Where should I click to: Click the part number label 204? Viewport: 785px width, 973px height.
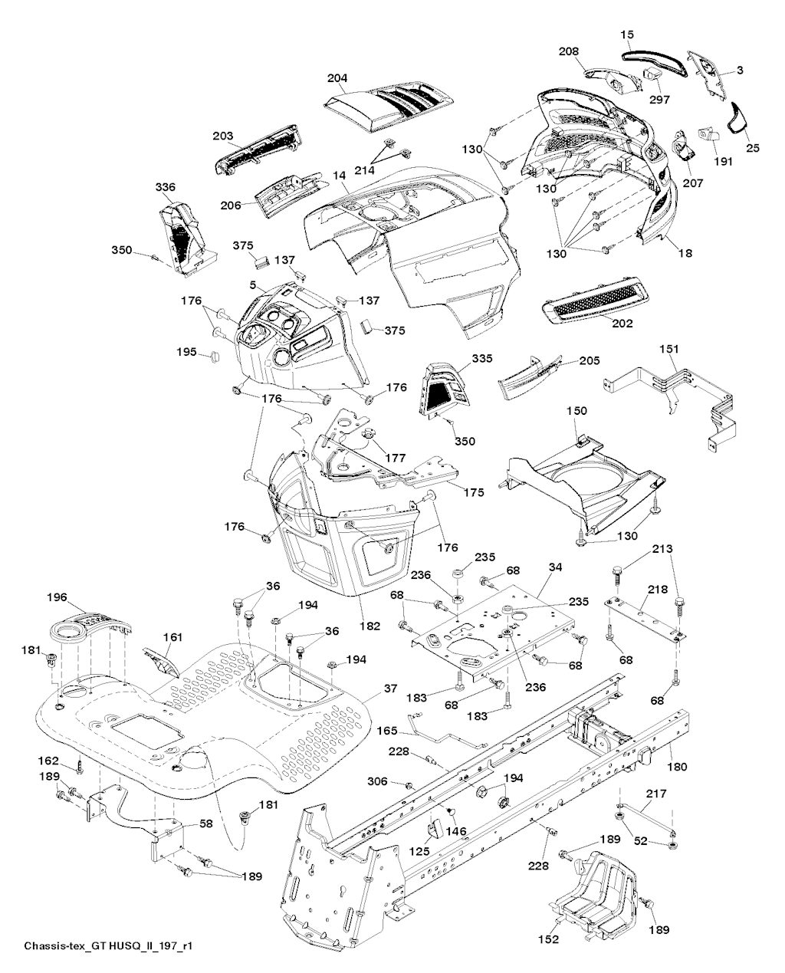point(337,78)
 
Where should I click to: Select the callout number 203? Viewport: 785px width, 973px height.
point(223,136)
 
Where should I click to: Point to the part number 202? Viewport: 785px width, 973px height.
point(622,324)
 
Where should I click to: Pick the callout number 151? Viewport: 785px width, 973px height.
point(669,349)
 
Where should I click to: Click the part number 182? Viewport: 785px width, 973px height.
point(370,626)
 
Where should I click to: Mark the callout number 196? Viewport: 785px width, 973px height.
point(57,597)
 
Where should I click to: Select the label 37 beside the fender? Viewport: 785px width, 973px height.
point(390,689)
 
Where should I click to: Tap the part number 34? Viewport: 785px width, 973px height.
point(556,568)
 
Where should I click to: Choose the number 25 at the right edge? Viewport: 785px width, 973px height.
point(753,147)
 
